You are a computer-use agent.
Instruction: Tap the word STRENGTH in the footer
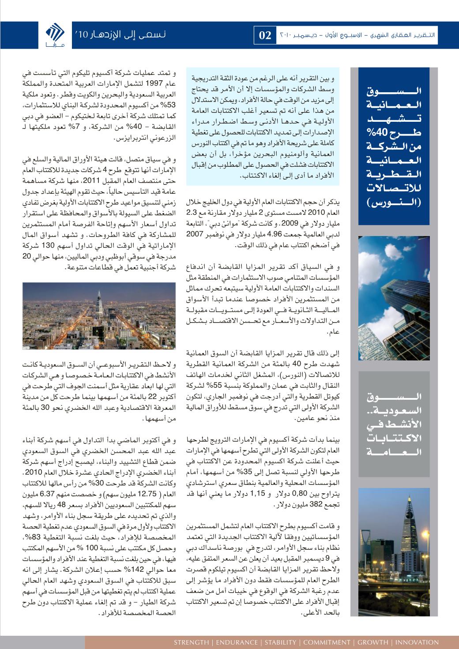point(192,642)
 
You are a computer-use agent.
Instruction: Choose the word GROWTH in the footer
point(372,642)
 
